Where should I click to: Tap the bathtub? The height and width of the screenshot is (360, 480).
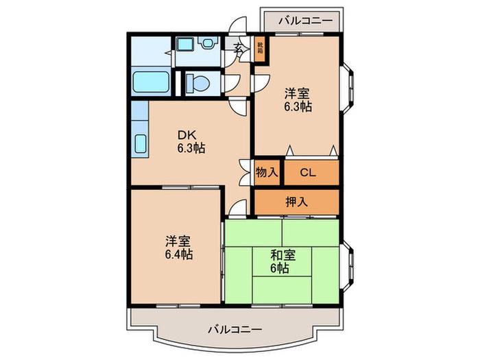tap(152, 82)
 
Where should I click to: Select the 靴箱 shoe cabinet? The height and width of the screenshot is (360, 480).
tap(260, 49)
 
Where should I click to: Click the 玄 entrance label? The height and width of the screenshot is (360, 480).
tap(238, 47)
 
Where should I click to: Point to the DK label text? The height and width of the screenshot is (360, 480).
tap(187, 134)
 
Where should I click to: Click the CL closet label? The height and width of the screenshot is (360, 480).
tap(308, 173)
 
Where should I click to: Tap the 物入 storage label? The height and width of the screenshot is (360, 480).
tap(267, 172)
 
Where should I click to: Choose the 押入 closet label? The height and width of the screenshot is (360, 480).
tap(296, 202)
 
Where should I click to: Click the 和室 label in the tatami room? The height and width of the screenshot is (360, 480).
tap(283, 255)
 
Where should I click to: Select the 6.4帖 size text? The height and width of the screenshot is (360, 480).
tap(179, 254)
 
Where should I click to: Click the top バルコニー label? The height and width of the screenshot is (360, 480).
tap(306, 21)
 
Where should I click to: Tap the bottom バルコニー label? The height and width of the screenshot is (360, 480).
tap(235, 330)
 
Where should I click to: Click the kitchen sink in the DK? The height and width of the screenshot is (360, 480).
tap(141, 143)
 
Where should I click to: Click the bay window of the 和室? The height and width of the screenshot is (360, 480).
tap(347, 265)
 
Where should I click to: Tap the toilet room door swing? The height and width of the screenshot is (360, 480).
tap(232, 83)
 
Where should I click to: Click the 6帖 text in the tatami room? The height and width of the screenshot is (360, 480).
tap(280, 268)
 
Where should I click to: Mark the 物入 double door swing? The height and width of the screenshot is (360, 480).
tap(245, 172)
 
